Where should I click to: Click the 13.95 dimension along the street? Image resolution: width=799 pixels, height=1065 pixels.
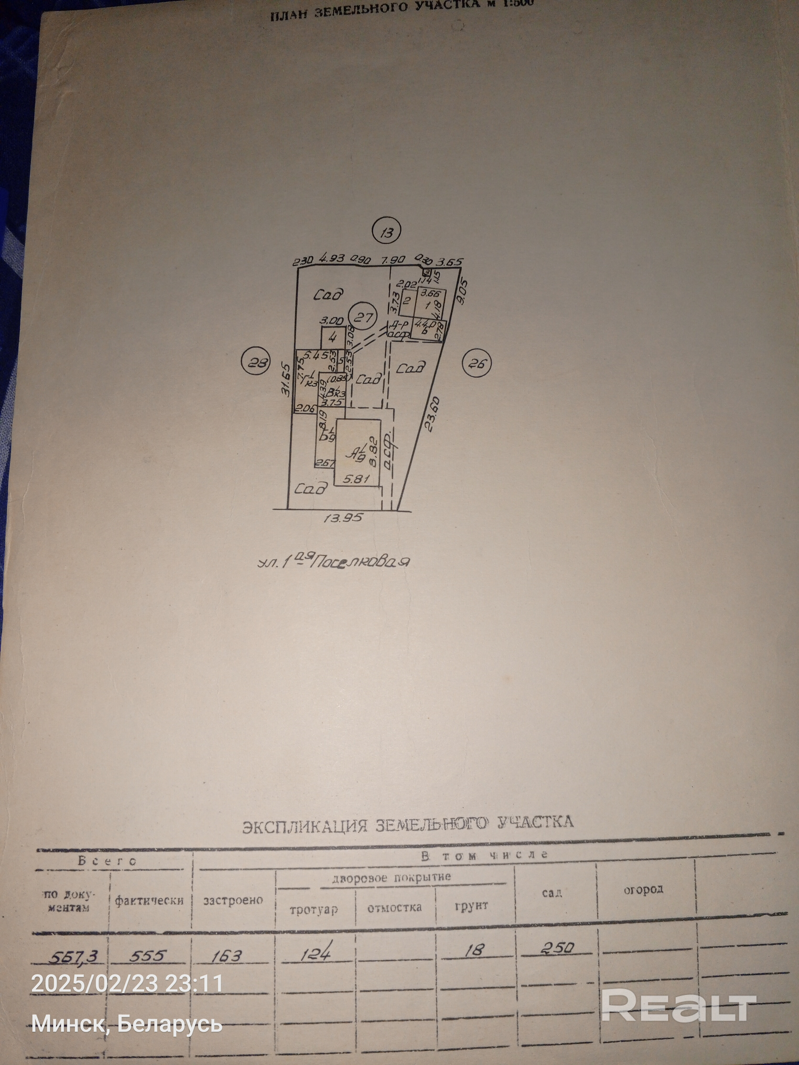coord(343,518)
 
